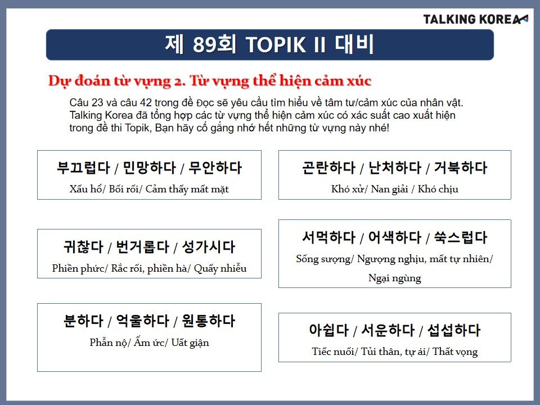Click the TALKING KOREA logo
pos(475,19)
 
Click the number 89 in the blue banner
pos(205,44)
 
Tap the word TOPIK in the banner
pos(276,45)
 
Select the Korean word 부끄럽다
pos(83,168)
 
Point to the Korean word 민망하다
pos(150,168)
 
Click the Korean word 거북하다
pos(461,168)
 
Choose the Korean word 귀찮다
pos(83,247)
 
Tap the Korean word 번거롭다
pos(142,247)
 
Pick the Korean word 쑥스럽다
pos(461,237)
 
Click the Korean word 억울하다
pos(142,321)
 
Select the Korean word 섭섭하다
pos(453,330)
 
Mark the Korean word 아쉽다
pos(329,330)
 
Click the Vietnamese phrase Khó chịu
pos(438,189)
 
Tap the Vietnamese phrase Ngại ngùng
pos(395,278)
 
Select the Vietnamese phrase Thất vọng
pos(455,352)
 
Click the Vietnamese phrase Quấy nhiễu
pos(220,268)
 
